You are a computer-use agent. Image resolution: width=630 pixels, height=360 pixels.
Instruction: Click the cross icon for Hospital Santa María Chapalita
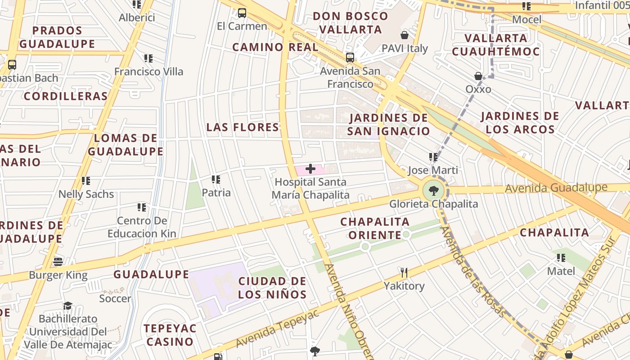pos(310,169)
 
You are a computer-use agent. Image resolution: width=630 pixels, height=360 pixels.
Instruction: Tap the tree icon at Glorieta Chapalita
pos(433,191)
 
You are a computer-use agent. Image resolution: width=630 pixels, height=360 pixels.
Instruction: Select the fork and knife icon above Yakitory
pos(404,273)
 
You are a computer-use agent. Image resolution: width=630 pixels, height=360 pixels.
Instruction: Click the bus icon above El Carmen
pos(242,13)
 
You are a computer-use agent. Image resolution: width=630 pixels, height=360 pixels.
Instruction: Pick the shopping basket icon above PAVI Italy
pos(405,35)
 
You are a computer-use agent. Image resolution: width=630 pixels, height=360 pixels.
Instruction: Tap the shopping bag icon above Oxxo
pos(478,76)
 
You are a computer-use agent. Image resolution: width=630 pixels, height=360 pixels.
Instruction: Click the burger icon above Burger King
pos(58,261)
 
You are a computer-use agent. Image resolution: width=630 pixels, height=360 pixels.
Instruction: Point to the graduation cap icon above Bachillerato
pos(67,306)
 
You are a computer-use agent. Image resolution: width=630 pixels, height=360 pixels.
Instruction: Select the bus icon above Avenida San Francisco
pos(350,58)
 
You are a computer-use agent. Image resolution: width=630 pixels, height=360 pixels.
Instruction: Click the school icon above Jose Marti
pos(433,157)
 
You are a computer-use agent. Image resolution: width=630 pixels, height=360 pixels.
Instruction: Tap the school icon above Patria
pos(216,180)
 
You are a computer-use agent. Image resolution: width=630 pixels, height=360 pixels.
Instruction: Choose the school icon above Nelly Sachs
pos(85,181)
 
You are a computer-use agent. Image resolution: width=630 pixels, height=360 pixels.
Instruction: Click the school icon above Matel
pos(561,258)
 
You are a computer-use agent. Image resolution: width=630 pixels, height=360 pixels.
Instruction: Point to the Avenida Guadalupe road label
pos(556,187)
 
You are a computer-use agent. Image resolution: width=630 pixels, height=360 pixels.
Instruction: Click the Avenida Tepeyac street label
pos(278,328)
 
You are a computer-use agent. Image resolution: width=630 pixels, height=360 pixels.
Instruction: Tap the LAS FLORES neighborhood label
pos(243,127)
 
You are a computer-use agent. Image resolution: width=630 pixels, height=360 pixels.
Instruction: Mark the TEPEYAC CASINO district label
pos(170,335)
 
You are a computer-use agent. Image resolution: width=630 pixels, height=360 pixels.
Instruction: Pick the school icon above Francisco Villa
pos(148,58)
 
